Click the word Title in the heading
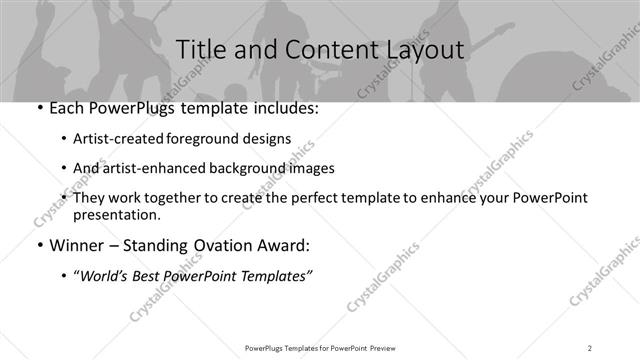pos(202,49)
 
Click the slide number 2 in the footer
pos(590,347)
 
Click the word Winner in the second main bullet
pos(78,243)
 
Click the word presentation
pos(116,215)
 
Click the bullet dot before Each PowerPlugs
pos(39,108)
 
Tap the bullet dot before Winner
pos(39,243)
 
